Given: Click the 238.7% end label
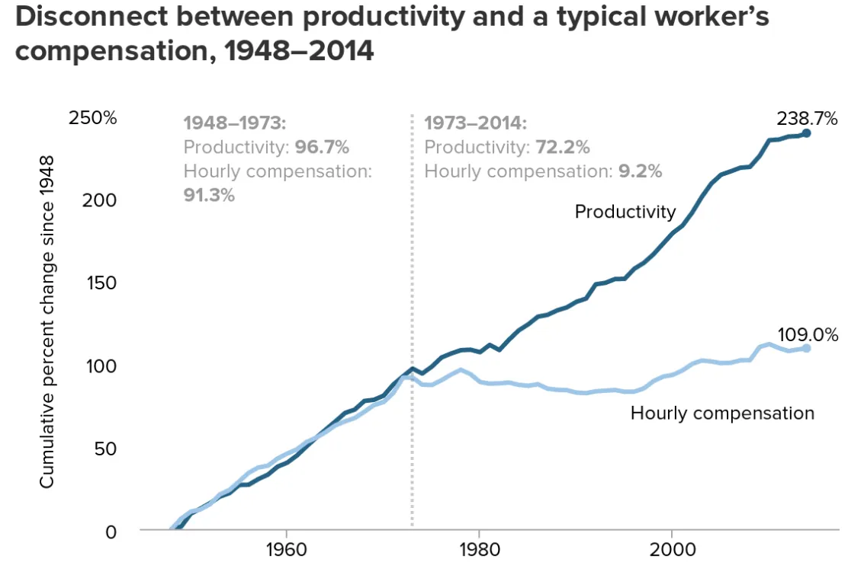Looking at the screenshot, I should pos(807,119).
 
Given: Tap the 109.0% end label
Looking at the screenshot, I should pos(808,334).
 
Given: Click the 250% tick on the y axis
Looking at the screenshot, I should pos(92,118).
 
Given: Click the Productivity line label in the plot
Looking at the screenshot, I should pos(625,212).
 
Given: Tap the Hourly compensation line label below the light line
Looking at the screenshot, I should pos(722,414).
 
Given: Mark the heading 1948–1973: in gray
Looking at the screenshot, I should pos(234,123).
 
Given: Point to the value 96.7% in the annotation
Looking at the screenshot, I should pos(322,147).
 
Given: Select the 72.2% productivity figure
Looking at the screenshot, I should pos(563,147).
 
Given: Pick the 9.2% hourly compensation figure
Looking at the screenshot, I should pos(639,171).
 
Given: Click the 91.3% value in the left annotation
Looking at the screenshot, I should pos(209,194).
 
